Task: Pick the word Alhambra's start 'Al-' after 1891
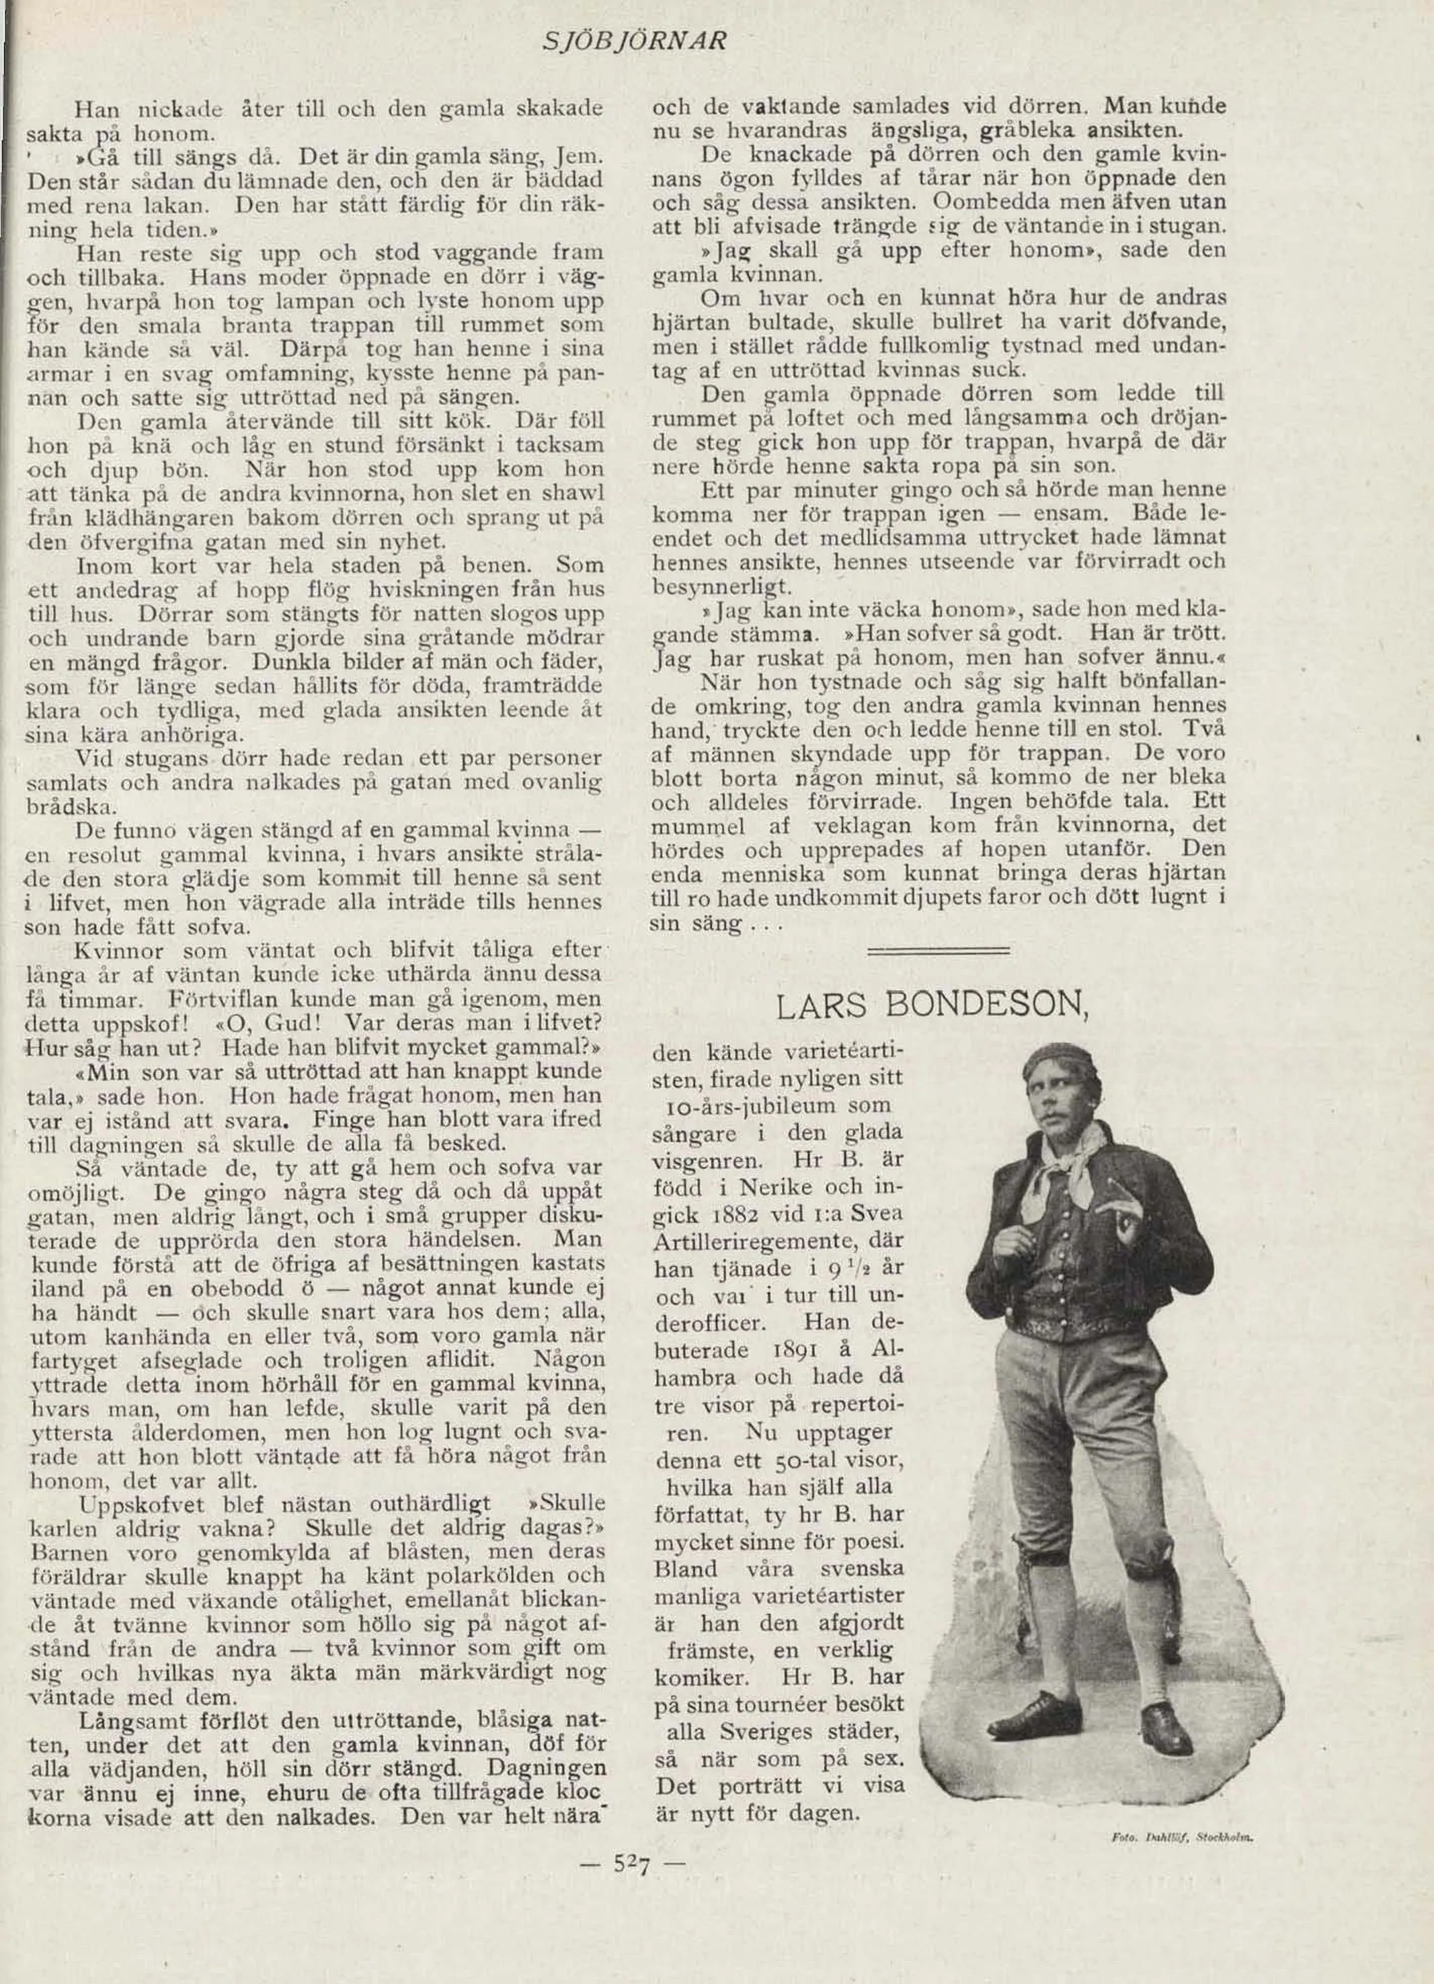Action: [885, 1350]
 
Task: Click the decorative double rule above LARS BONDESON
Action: [937, 948]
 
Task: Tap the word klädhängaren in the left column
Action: [137, 517]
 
